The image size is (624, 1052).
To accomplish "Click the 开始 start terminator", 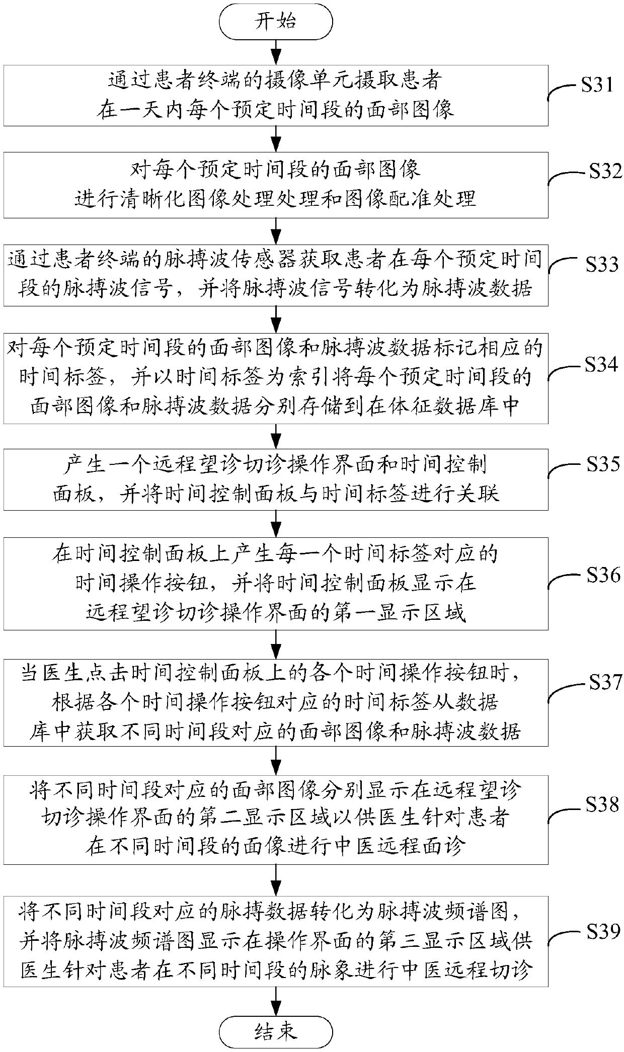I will (275, 22).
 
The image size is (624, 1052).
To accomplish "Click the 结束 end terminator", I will (275, 1028).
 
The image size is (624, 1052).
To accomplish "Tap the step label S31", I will (597, 85).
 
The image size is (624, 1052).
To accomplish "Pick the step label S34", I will (601, 364).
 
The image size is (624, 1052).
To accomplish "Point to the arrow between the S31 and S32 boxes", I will (275, 138).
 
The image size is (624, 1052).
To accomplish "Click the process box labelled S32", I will (275, 185).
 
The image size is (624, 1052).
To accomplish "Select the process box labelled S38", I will (275, 819).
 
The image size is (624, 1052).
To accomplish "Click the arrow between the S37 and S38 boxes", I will (275, 760).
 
